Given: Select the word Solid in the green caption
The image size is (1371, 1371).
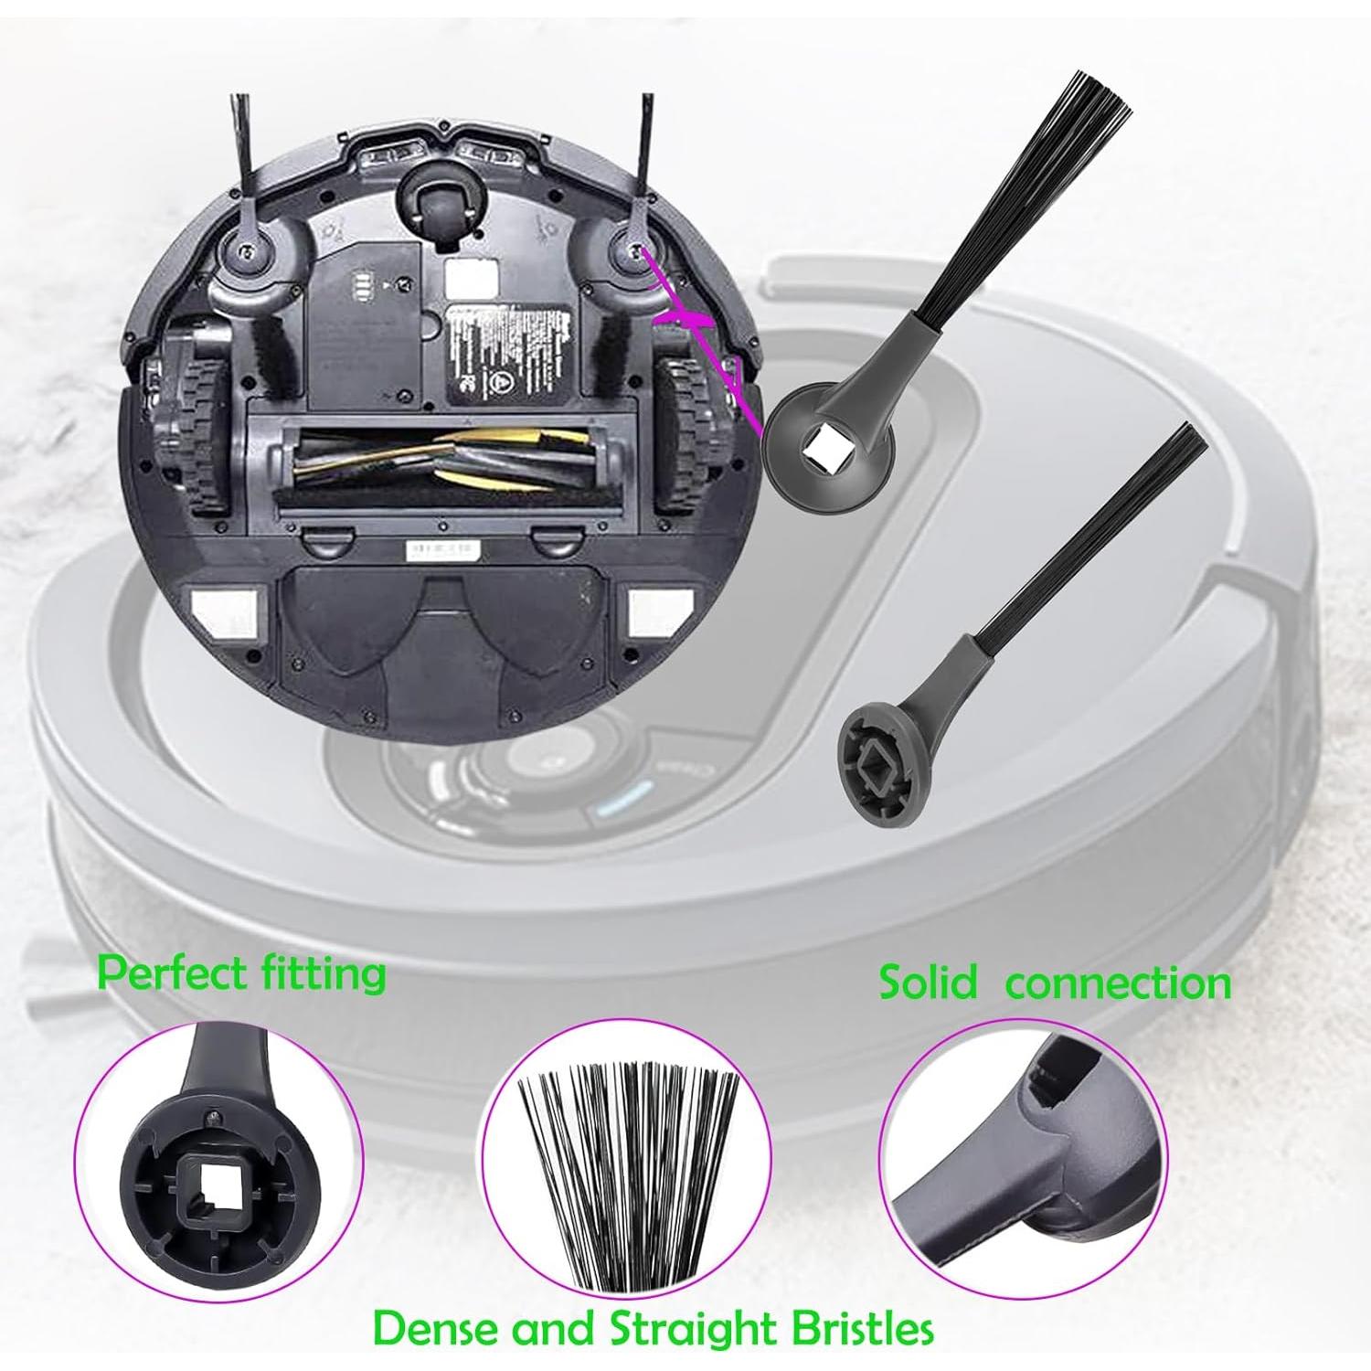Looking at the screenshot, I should pyautogui.click(x=927, y=983).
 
